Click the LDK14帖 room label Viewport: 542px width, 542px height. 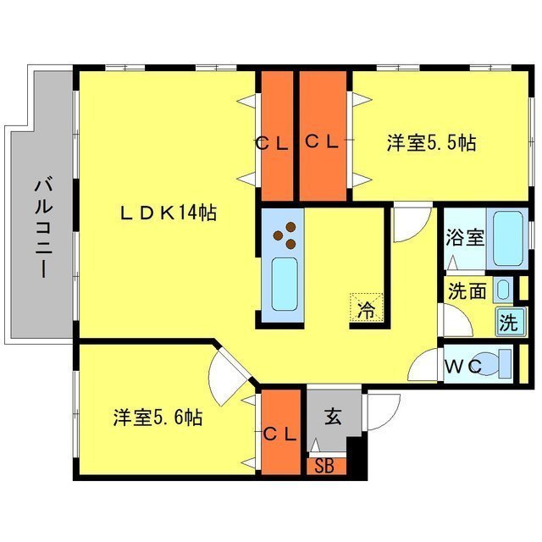[168, 213]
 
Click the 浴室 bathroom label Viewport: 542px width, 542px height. [465, 236]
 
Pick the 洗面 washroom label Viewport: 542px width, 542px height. [467, 292]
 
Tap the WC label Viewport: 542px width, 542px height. [462, 366]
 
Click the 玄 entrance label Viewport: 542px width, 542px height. [333, 417]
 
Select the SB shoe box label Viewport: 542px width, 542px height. [324, 465]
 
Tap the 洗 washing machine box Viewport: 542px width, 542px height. [508, 322]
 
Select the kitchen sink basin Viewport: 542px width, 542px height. [284, 285]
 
